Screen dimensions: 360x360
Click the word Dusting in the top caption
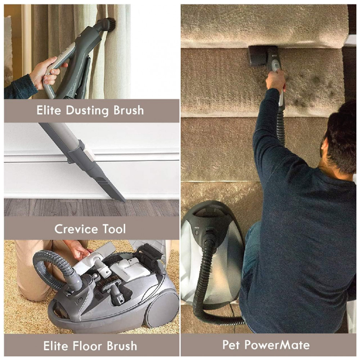tap(87, 111)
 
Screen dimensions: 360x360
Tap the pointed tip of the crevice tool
tap(124, 201)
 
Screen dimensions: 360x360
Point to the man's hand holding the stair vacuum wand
tap(275, 80)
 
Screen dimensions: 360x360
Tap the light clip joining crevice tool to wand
tap(89, 153)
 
